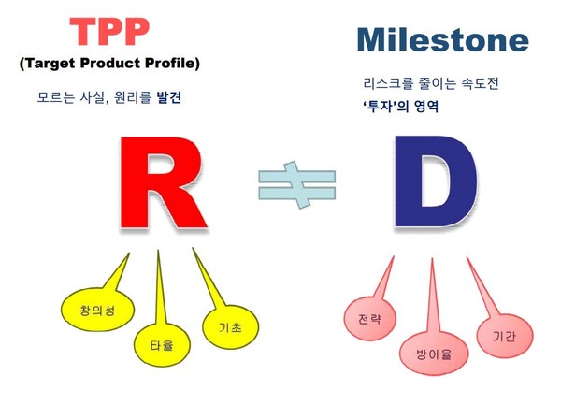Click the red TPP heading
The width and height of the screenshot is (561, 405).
109,32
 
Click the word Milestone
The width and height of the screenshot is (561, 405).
443,39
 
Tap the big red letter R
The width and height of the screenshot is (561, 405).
163,182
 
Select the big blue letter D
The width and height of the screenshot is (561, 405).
436,181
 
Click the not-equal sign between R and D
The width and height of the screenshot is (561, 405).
297,185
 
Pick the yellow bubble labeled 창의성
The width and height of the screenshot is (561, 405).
97,309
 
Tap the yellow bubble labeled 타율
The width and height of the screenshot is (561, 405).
162,344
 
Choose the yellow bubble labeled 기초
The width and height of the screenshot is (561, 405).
231,327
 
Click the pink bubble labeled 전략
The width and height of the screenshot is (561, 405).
370,318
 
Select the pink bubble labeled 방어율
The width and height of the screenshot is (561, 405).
434,354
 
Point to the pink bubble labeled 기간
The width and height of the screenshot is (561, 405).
505,336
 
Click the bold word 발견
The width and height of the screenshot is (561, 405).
169,97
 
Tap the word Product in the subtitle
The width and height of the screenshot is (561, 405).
109,63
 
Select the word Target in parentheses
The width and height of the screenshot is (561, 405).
50,64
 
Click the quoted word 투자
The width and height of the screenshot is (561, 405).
381,107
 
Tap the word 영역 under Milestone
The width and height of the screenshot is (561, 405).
426,107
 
